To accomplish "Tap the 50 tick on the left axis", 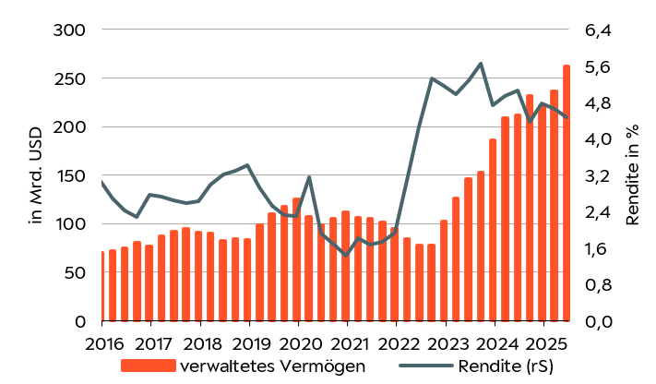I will point(76,273).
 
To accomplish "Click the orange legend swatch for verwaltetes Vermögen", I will point(148,366).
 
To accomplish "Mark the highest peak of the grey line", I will point(481,64).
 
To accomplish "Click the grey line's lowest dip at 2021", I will point(346,255).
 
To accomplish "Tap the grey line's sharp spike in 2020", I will point(309,177).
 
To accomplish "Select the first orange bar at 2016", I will point(101,286).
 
